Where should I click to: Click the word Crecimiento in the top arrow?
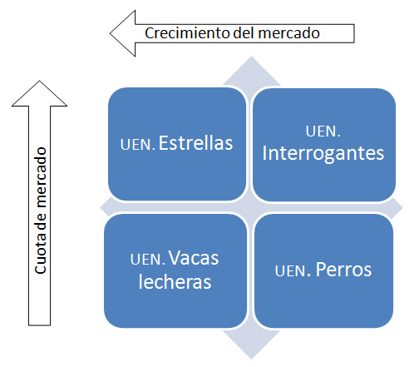pyautogui.click(x=188, y=33)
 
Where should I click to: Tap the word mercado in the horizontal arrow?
pyautogui.click(x=289, y=33)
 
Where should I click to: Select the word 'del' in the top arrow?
pyautogui.click(x=244, y=32)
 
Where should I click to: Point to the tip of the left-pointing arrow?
pyautogui.click(x=110, y=33)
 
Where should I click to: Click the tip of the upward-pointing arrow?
pyautogui.click(x=39, y=81)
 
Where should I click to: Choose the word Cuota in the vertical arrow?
pyautogui.click(x=41, y=255)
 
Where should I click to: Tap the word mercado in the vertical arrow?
pyautogui.click(x=41, y=177)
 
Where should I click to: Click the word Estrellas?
pyautogui.click(x=195, y=143)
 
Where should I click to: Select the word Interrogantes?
pyautogui.click(x=323, y=153)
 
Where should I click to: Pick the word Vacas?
pyautogui.click(x=194, y=258)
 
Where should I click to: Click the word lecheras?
pyautogui.click(x=175, y=281)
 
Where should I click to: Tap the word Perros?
pyautogui.click(x=343, y=270)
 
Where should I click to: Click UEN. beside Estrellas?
pyautogui.click(x=138, y=145)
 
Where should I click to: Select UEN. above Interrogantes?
pyautogui.click(x=323, y=131)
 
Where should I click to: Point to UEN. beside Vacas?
pyautogui.click(x=148, y=260)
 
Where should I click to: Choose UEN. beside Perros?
pyautogui.click(x=293, y=271)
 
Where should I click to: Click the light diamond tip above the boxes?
pyautogui.click(x=251, y=57)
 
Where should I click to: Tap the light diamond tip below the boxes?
pyautogui.click(x=251, y=359)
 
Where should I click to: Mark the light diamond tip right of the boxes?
pyautogui.click(x=402, y=208)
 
